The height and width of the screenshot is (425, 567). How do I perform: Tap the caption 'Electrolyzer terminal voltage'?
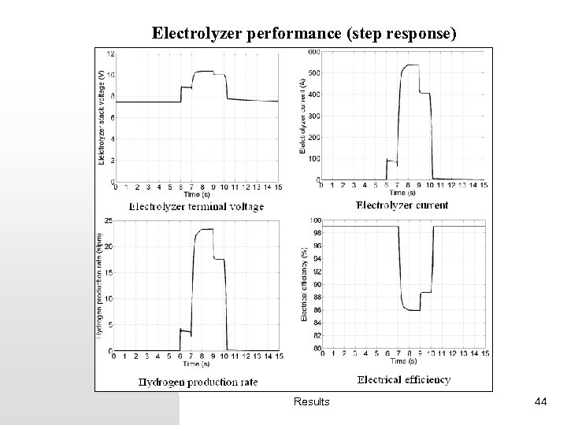point(196,207)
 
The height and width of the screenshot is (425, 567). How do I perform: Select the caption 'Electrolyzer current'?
point(402,205)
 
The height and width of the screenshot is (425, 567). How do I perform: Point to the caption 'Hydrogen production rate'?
point(198,382)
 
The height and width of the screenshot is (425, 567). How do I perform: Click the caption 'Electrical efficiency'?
point(405,379)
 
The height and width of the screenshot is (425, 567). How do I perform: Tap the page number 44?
point(540,402)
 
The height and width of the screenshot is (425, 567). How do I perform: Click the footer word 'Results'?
point(312,402)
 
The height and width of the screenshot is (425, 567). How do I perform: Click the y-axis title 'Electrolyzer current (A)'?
point(303,115)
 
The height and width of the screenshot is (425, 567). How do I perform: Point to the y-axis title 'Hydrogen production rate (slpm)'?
point(100,286)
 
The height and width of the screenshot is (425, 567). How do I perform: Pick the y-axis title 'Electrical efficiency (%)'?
point(304,284)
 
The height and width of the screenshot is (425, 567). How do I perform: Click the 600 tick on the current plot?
point(313,52)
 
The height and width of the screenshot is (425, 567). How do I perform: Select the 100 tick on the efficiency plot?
point(315,220)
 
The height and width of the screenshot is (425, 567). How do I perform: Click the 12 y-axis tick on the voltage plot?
point(111,54)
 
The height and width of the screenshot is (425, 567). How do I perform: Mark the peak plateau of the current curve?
point(411,66)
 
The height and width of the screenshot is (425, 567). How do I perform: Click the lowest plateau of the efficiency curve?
point(411,310)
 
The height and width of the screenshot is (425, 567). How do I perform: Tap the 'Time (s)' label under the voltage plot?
point(197,195)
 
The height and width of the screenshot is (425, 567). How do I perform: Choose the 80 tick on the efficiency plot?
point(316,349)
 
